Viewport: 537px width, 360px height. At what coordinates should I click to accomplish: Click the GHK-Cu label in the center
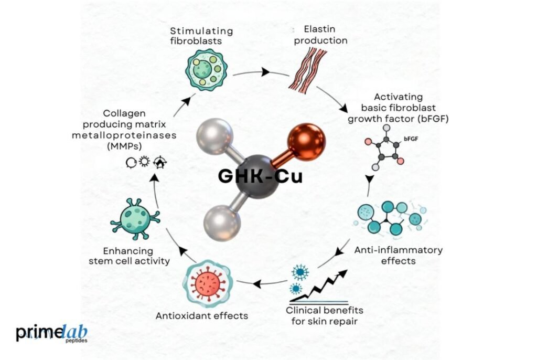260,176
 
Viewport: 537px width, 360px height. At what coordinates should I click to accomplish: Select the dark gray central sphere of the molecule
257,175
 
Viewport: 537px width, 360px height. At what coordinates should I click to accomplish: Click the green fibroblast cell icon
206,70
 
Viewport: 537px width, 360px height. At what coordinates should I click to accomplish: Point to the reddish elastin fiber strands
307,71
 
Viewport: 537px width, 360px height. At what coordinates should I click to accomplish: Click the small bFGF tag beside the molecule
411,139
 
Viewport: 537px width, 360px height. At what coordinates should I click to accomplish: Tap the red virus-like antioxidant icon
208,283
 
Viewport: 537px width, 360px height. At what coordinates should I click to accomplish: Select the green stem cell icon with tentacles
135,218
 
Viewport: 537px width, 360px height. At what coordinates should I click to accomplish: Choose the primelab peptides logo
52,333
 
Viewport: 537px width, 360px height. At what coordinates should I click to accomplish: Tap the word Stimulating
201,31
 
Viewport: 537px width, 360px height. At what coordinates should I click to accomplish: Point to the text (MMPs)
124,146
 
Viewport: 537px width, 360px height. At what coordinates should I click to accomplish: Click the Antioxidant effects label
202,315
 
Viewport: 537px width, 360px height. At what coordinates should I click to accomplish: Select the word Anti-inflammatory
399,250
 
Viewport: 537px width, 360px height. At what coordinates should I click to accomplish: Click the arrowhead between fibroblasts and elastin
265,72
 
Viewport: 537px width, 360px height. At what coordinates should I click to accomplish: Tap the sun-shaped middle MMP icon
144,161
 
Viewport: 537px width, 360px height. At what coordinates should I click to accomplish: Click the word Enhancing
128,251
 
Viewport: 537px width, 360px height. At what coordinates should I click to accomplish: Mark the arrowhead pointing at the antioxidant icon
257,283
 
